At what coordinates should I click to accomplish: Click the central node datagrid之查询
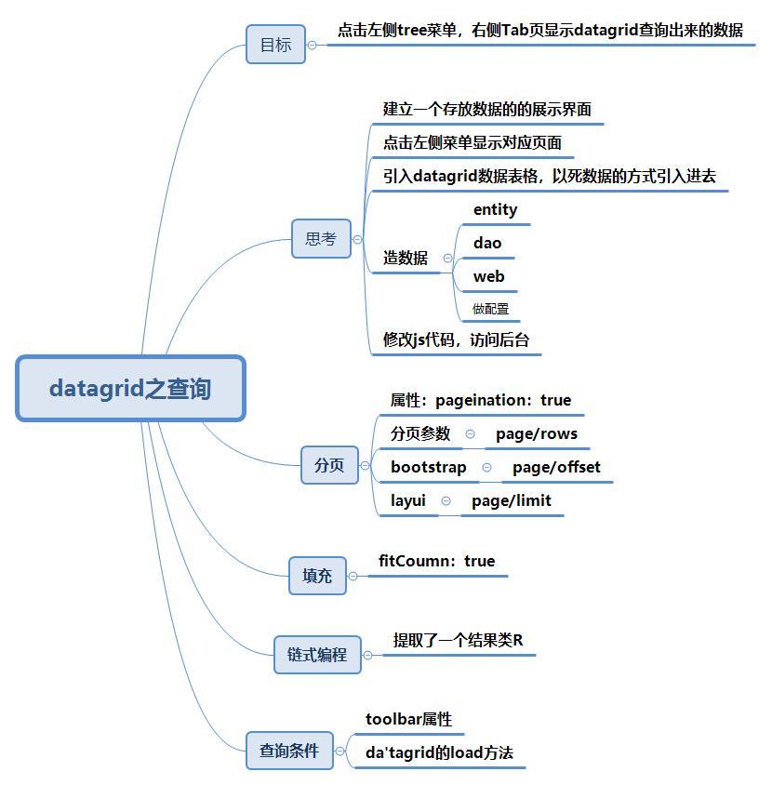pyautogui.click(x=130, y=388)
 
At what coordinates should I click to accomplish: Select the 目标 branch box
pyautogui.click(x=275, y=45)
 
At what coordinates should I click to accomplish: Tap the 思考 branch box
pyautogui.click(x=321, y=239)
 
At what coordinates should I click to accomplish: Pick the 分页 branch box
pyautogui.click(x=329, y=465)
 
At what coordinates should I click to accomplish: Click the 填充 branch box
pyautogui.click(x=317, y=576)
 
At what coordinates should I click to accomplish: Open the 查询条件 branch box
pyautogui.click(x=289, y=751)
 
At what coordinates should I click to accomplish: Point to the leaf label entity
pyautogui.click(x=495, y=209)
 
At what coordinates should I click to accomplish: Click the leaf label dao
pyautogui.click(x=487, y=243)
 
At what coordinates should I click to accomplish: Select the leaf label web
pyautogui.click(x=489, y=276)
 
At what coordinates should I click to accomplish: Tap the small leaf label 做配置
pyautogui.click(x=490, y=309)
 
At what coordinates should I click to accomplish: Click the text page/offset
pyautogui.click(x=556, y=467)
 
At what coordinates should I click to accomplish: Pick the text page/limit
pyautogui.click(x=512, y=500)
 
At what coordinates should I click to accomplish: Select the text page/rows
pyautogui.click(x=537, y=433)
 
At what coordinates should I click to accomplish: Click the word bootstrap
pyautogui.click(x=429, y=467)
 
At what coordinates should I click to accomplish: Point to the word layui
pyautogui.click(x=408, y=500)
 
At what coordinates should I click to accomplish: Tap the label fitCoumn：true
pyautogui.click(x=437, y=561)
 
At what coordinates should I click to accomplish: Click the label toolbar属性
pyautogui.click(x=409, y=719)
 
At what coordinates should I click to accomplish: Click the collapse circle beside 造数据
pyautogui.click(x=447, y=259)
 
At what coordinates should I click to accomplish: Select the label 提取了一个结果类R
pyautogui.click(x=459, y=640)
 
